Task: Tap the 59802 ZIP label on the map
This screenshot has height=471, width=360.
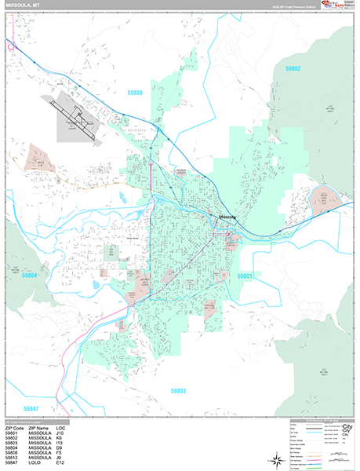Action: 293,69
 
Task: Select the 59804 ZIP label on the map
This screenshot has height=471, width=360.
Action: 30,276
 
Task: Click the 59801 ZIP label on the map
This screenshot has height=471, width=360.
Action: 245,276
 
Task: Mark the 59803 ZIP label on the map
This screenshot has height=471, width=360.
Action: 178,389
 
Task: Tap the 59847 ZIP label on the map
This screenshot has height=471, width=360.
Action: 31,408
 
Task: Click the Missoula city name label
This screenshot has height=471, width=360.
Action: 227,217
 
